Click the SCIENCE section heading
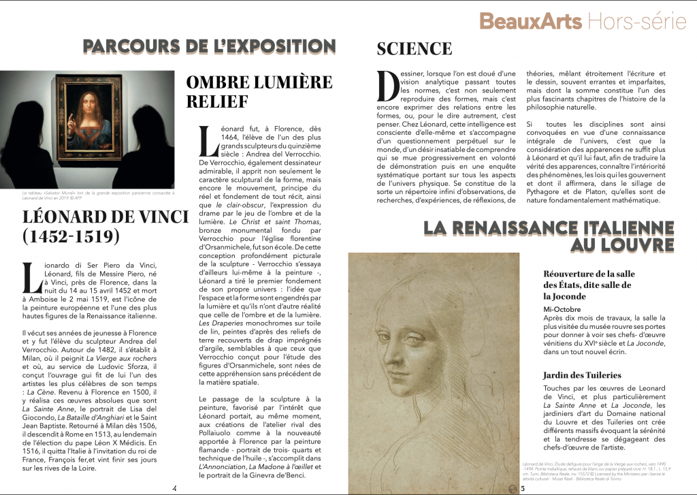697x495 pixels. pyautogui.click(x=414, y=49)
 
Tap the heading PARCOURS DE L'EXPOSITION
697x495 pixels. pyautogui.click(x=210, y=47)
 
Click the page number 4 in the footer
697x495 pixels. pyautogui.click(x=175, y=488)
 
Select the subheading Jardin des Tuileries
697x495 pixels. pyautogui.click(x=582, y=375)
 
